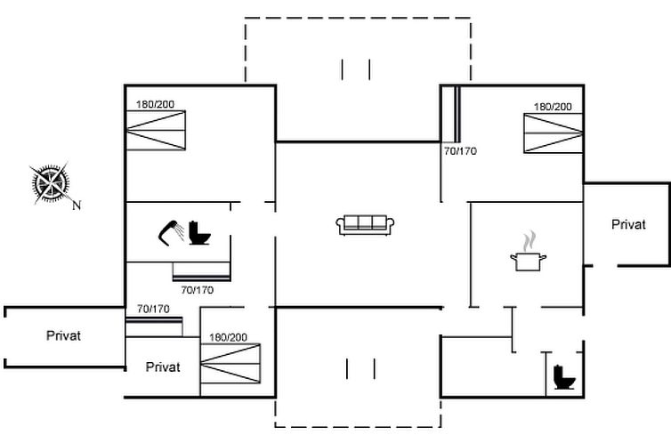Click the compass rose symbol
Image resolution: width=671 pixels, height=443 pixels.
tap(50, 183)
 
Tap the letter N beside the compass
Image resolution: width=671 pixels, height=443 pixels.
tap(77, 205)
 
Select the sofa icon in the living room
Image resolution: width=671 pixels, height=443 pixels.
tap(366, 224)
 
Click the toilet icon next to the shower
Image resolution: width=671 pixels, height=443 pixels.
tap(199, 233)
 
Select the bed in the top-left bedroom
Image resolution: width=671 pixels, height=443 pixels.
tap(156, 131)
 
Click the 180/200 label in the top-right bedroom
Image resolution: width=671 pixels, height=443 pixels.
tap(553, 107)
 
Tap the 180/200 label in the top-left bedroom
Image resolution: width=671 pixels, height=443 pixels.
tap(155, 104)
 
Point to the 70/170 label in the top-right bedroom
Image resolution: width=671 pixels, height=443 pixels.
tap(460, 151)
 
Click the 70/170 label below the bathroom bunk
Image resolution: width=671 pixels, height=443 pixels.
tap(198, 289)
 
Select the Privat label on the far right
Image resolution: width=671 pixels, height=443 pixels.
tap(628, 224)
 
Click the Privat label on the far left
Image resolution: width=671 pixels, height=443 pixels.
tap(63, 335)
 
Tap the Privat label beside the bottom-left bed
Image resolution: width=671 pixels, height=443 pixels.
tap(163, 366)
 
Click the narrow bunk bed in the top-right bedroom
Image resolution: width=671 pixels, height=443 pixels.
tap(450, 115)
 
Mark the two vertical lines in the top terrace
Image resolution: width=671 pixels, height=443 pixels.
tap(355, 69)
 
